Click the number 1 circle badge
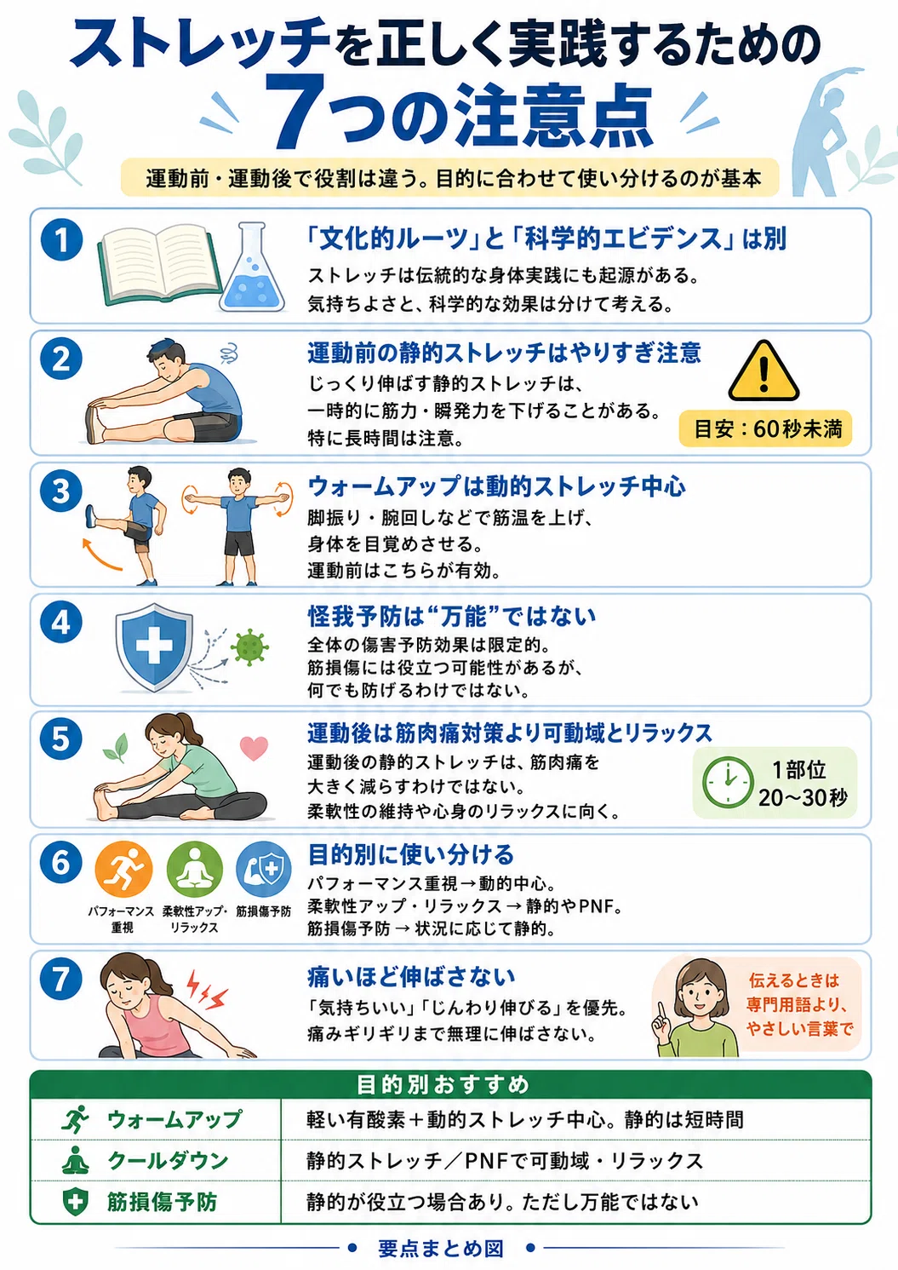(62, 240)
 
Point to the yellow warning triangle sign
(764, 371)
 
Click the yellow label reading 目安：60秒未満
(765, 428)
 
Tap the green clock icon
(728, 782)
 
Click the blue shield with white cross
(154, 647)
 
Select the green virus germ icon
(249, 646)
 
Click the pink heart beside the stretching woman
(254, 748)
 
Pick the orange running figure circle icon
(123, 870)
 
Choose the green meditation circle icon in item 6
(194, 870)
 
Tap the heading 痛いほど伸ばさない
(411, 976)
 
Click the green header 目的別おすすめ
(443, 1084)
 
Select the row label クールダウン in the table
(169, 1161)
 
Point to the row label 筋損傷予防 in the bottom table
(162, 1202)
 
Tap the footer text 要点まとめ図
(441, 1248)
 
